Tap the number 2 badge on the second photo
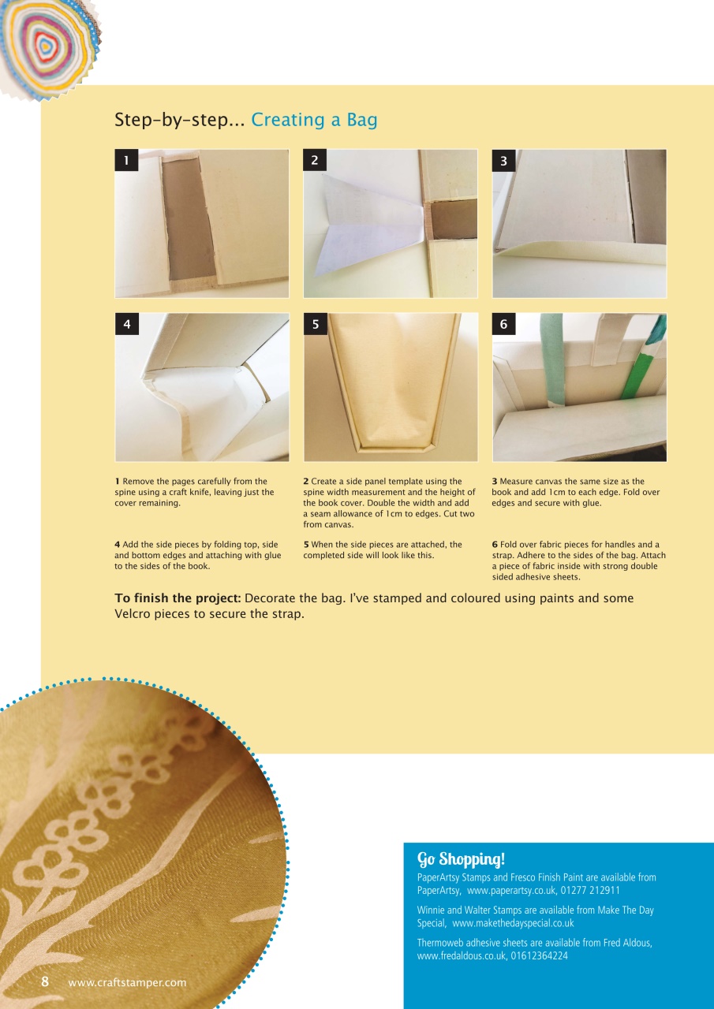click(x=315, y=161)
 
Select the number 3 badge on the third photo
click(x=503, y=161)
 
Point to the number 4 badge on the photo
click(x=126, y=324)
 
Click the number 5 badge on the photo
click(x=315, y=324)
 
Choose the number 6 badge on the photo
click(x=503, y=324)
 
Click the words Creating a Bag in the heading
click(x=314, y=121)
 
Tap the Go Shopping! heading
click(x=461, y=858)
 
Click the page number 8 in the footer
click(x=45, y=981)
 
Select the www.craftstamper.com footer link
click(x=127, y=982)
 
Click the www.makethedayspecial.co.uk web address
click(x=513, y=923)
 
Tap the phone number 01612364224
click(x=539, y=956)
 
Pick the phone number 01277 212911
click(x=590, y=891)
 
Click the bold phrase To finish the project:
click(x=178, y=598)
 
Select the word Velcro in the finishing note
click(x=133, y=614)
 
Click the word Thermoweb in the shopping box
click(x=441, y=943)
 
